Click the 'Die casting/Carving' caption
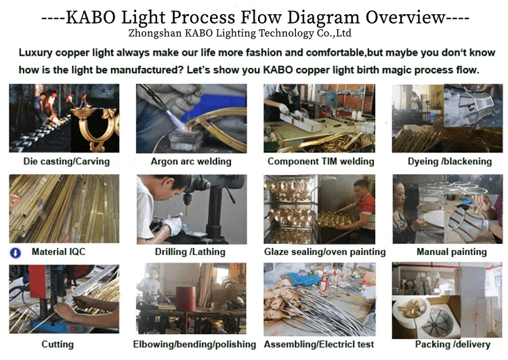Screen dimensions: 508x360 pyautogui.click(x=66, y=161)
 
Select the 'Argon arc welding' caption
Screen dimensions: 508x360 pyautogui.click(x=191, y=161)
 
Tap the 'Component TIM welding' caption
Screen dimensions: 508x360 pyautogui.click(x=320, y=161)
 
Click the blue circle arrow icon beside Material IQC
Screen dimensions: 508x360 pyautogui.click(x=15, y=253)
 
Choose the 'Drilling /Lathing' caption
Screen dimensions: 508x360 pyautogui.click(x=191, y=252)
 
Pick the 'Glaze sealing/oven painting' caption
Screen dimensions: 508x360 pyautogui.click(x=324, y=252)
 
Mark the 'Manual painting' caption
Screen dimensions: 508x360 pyautogui.click(x=451, y=252)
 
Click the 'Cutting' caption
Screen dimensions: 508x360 pyautogui.click(x=58, y=344)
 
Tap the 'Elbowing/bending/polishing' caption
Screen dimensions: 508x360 pyautogui.click(x=194, y=344)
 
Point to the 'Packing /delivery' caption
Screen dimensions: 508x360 pyautogui.click(x=452, y=344)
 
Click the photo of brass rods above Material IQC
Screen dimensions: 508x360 pyautogui.click(x=64, y=208)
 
